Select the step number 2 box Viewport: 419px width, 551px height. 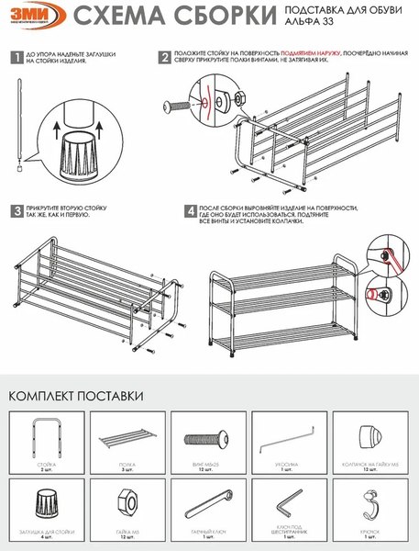coord(165,57)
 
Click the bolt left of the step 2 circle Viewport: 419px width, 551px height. coord(174,105)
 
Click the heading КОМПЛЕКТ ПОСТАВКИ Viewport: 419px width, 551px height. coord(75,396)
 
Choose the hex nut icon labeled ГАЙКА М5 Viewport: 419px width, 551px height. coord(127,505)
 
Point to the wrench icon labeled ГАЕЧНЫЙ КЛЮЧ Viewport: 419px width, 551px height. coord(208,506)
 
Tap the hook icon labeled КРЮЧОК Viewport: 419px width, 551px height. coord(371,504)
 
